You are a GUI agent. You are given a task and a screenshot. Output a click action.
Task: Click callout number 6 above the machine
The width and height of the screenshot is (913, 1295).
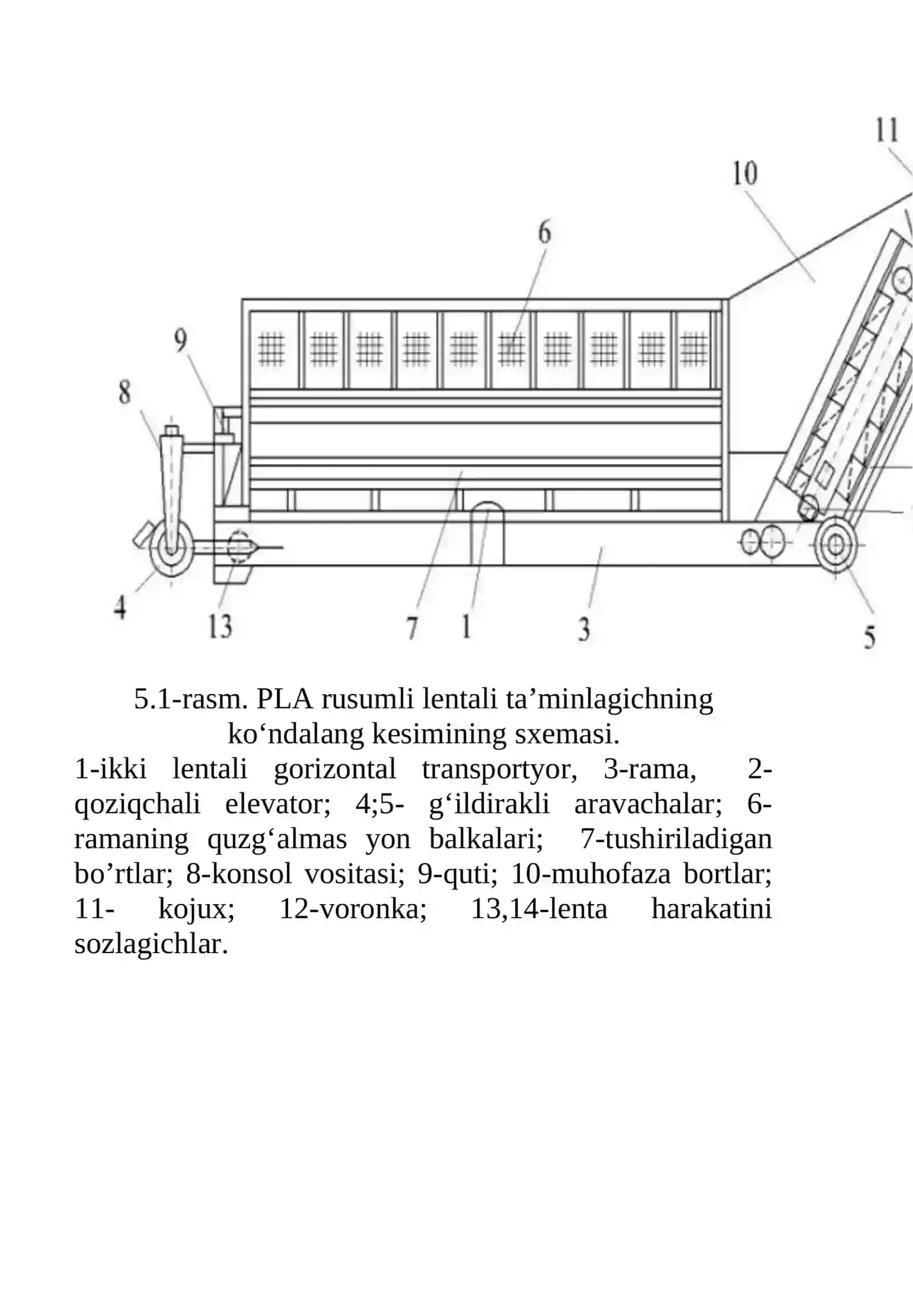click(x=545, y=233)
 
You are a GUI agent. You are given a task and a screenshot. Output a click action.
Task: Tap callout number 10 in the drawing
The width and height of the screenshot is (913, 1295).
click(x=745, y=174)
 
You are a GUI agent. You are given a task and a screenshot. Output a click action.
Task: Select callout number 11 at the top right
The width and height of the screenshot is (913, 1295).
click(x=887, y=130)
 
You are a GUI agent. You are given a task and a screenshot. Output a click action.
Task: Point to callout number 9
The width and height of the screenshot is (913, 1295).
click(x=180, y=341)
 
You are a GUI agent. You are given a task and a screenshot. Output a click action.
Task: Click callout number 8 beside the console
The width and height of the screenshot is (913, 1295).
click(x=124, y=393)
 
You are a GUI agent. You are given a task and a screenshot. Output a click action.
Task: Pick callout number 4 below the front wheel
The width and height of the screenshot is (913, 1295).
click(x=120, y=607)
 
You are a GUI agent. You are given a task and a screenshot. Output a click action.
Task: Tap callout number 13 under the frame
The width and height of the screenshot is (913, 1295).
click(x=220, y=627)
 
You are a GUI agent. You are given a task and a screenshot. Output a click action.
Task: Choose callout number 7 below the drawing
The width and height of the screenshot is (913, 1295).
click(x=412, y=628)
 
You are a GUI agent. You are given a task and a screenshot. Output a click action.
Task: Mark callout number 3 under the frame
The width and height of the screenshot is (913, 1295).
click(x=584, y=629)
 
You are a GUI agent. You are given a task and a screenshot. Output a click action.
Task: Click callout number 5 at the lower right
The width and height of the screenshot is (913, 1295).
click(x=869, y=637)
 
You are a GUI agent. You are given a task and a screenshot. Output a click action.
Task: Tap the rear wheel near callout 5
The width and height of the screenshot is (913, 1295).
click(x=835, y=545)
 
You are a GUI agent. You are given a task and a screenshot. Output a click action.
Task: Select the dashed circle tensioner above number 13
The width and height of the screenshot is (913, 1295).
click(x=239, y=547)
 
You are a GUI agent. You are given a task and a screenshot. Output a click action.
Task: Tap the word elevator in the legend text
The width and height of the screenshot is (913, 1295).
click(x=278, y=804)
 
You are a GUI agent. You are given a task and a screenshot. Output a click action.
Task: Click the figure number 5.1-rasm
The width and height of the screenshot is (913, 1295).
click(x=191, y=699)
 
